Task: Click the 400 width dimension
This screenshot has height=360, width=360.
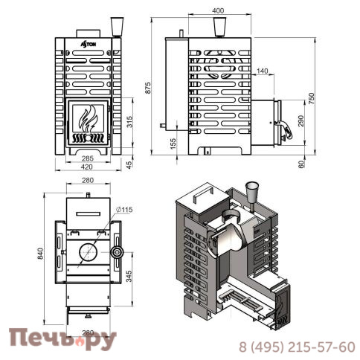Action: [217, 11]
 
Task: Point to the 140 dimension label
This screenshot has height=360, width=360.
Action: [261, 71]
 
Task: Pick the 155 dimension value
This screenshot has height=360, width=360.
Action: [173, 144]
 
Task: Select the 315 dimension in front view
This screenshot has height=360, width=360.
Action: [130, 123]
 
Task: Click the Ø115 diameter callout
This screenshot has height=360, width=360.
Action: [124, 210]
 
